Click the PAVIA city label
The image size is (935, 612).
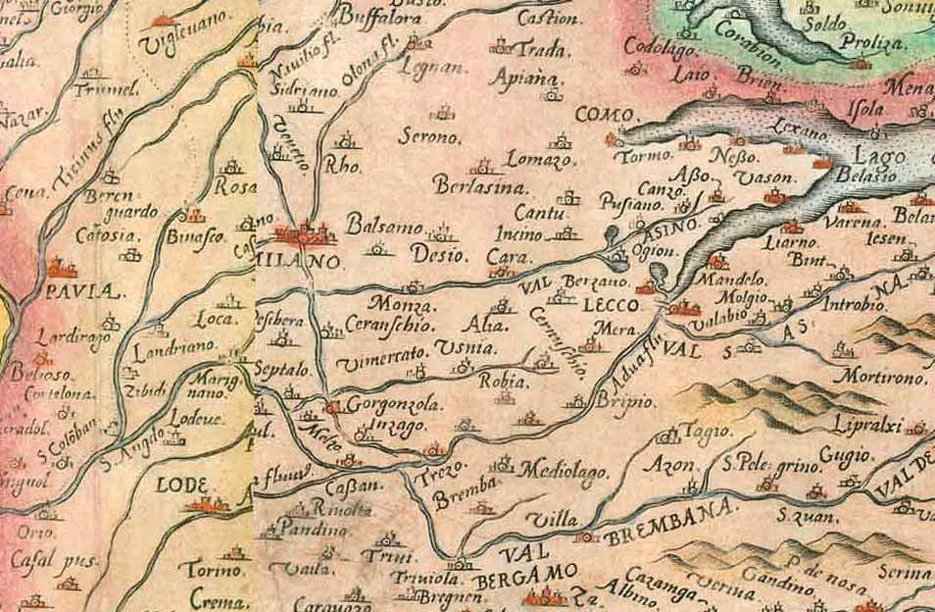pyautogui.click(x=77, y=292)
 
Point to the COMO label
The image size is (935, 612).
pyautogui.click(x=604, y=116)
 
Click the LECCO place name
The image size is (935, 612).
pyautogui.click(x=611, y=306)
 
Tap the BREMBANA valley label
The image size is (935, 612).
pyautogui.click(x=669, y=524)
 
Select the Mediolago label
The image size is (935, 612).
pyautogui.click(x=564, y=470)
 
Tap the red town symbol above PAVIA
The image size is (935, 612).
pyautogui.click(x=62, y=268)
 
